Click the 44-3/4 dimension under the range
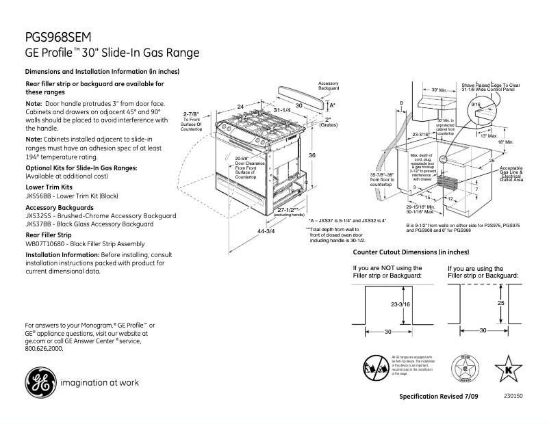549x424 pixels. tap(266, 231)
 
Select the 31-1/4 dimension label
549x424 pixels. tap(282, 109)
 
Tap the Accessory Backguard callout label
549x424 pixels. tap(329, 86)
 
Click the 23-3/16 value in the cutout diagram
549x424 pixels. tap(400, 304)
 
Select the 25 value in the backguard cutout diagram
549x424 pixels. tap(500, 302)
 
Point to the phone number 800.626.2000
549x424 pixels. tap(44, 348)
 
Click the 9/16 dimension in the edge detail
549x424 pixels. tap(475, 103)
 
